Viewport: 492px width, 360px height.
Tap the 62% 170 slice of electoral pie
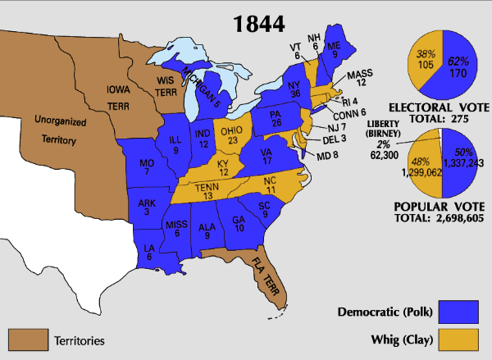[x=459, y=66]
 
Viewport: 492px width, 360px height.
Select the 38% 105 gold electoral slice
[x=425, y=60]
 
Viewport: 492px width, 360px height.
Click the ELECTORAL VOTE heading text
[x=442, y=108]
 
